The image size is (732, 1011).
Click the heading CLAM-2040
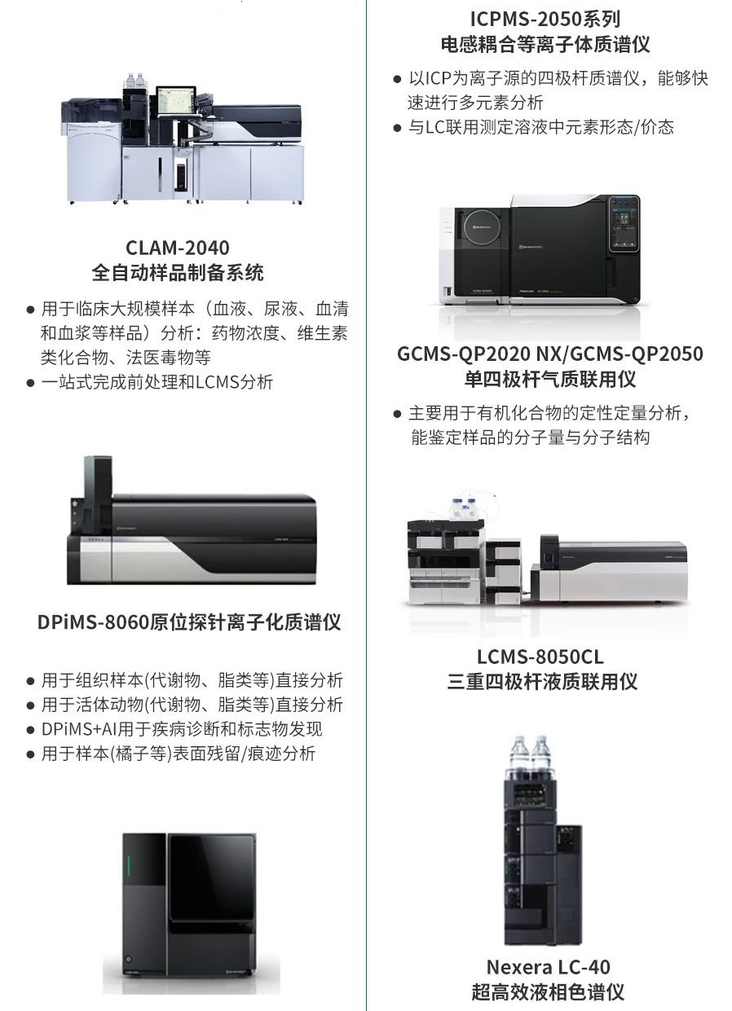click(x=178, y=248)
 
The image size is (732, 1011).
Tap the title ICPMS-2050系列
click(x=545, y=19)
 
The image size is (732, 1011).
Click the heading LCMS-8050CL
click(x=540, y=657)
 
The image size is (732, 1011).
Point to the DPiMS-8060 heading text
click(x=189, y=622)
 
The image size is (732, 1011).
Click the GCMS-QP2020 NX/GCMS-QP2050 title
click(x=550, y=354)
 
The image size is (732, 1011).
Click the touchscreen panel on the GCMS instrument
click(x=624, y=223)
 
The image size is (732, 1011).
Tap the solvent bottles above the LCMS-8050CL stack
click(x=464, y=508)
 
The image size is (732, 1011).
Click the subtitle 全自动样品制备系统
click(x=178, y=273)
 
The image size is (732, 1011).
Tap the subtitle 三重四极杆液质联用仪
click(x=542, y=682)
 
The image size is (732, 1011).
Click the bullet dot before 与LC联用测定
click(x=398, y=128)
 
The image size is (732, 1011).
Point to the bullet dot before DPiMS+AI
click(x=31, y=730)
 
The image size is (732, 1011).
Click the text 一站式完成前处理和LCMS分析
click(x=157, y=382)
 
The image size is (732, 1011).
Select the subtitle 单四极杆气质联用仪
click(x=550, y=379)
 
